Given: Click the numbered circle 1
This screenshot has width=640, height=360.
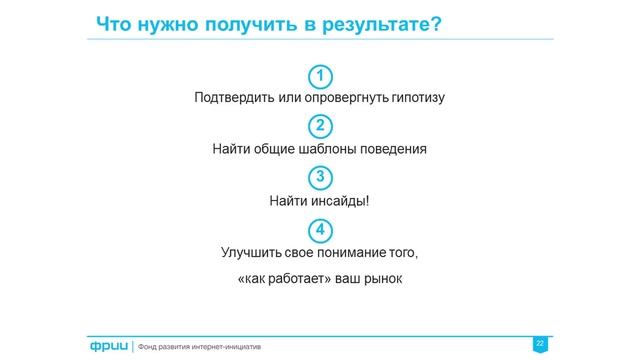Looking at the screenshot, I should tap(319, 76).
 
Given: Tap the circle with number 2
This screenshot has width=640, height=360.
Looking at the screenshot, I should tap(319, 127).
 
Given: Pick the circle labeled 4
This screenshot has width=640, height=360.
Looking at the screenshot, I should tap(319, 229).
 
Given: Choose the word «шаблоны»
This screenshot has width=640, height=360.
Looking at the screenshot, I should tap(324, 150).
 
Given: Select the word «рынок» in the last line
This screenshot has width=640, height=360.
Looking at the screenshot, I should tap(382, 277).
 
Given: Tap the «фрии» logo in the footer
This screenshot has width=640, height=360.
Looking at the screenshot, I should tap(105, 346).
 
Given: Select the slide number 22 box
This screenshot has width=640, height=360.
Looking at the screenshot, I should tap(540, 344).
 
